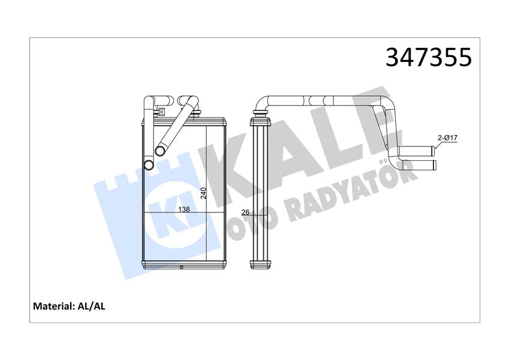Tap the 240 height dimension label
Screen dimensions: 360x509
203,193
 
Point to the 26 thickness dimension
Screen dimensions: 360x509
245,212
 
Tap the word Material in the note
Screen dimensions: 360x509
53,306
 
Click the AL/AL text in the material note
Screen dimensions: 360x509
92,306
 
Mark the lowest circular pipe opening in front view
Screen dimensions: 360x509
147,165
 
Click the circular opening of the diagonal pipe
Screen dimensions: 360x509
160,151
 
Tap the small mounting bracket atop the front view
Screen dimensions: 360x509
160,111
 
